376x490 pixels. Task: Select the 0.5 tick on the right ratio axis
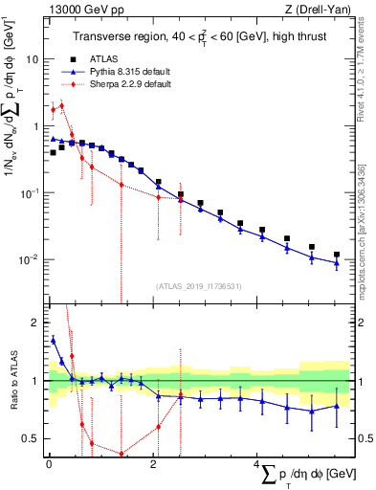365,438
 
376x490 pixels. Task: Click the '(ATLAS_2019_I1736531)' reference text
198,285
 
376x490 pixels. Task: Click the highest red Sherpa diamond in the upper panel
61,105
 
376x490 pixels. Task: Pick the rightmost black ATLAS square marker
337,255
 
